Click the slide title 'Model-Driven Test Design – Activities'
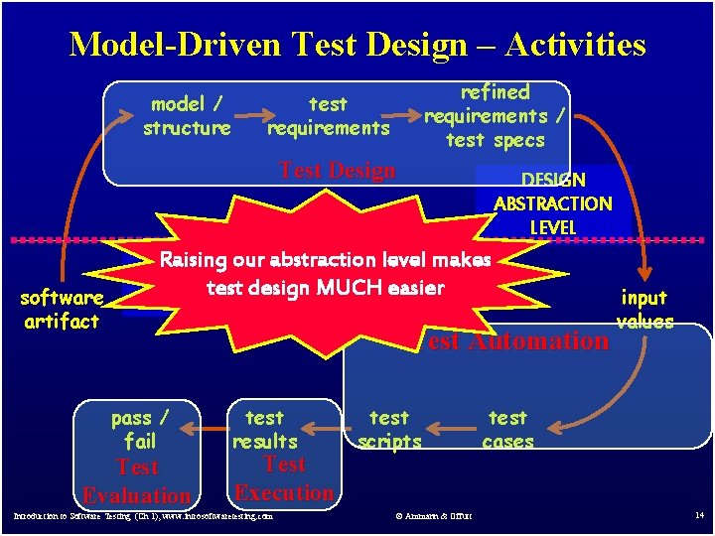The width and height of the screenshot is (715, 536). point(357,45)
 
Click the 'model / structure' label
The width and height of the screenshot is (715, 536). point(187,116)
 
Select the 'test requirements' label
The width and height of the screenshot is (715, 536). point(328,116)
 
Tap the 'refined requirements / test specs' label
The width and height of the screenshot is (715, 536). point(495,116)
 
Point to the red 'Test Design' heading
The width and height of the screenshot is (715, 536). point(338,170)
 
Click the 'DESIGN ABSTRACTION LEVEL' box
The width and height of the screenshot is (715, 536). point(553,203)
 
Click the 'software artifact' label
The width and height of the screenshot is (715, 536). point(62,310)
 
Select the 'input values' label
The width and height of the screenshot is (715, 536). point(644,309)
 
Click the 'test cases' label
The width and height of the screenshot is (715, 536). point(507,430)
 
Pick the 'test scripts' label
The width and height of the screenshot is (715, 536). point(389,430)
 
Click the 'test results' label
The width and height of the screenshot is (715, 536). point(264,430)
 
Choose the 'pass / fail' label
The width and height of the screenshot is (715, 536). point(139,430)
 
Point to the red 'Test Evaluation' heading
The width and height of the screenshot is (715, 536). point(137,481)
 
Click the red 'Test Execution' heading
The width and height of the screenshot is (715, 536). point(284,478)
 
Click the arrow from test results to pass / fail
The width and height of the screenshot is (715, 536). point(204,429)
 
